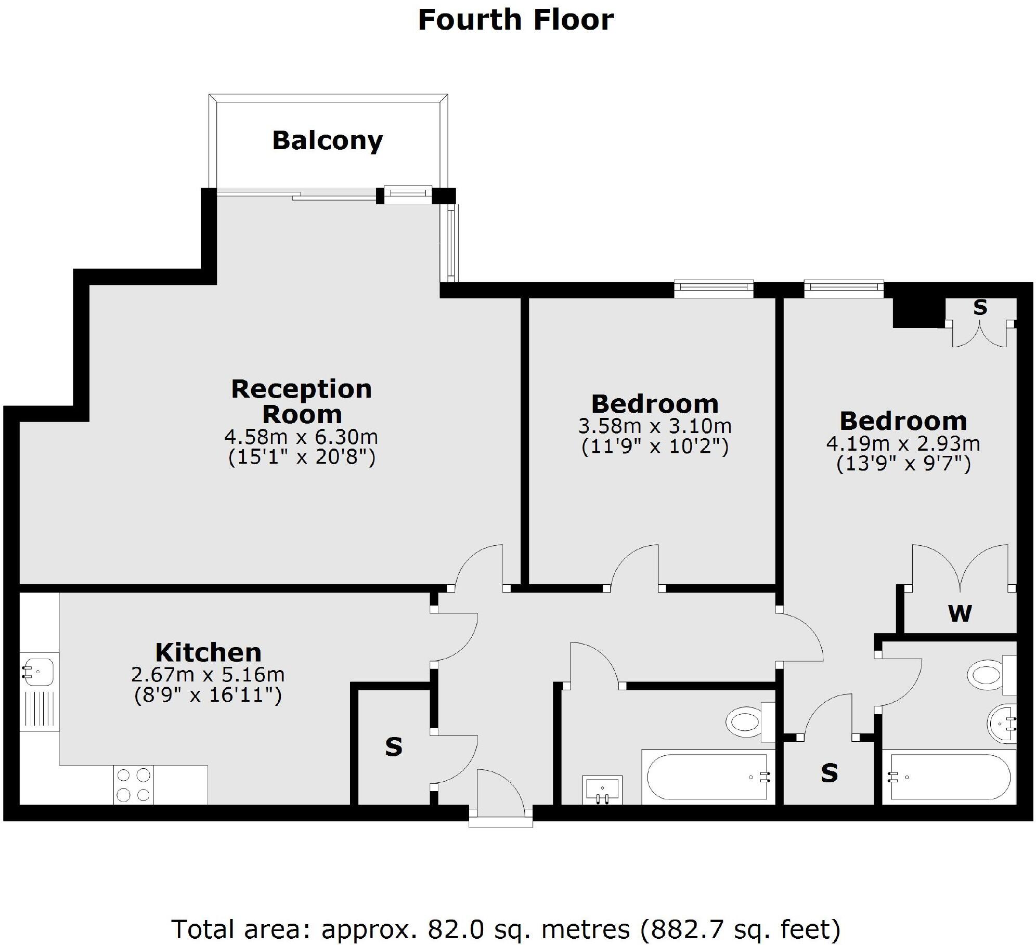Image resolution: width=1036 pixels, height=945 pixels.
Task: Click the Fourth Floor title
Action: click(x=516, y=20)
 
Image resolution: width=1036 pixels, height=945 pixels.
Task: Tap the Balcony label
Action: click(x=328, y=140)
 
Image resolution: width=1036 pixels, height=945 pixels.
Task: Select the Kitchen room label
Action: click(x=208, y=652)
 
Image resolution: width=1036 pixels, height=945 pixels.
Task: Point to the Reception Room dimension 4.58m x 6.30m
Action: click(x=301, y=437)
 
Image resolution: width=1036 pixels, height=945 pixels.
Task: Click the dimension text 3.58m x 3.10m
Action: click(x=655, y=426)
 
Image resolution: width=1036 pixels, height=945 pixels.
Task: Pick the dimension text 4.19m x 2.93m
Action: click(x=903, y=443)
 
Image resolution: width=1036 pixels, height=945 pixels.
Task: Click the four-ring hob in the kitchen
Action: click(x=134, y=785)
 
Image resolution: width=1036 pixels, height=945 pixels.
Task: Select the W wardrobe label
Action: click(x=960, y=614)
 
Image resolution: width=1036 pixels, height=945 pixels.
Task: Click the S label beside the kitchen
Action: click(x=394, y=747)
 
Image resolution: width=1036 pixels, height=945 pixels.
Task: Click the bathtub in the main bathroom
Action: click(x=708, y=777)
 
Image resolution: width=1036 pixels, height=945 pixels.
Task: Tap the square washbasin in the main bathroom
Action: click(x=602, y=790)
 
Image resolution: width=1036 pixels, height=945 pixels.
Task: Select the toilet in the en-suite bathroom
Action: click(x=991, y=675)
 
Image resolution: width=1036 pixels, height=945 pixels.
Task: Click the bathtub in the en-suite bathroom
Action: click(x=949, y=777)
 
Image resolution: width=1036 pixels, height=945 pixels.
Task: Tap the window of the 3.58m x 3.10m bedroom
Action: click(x=714, y=288)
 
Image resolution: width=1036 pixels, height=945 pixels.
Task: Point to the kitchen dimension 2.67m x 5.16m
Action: click(x=208, y=675)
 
